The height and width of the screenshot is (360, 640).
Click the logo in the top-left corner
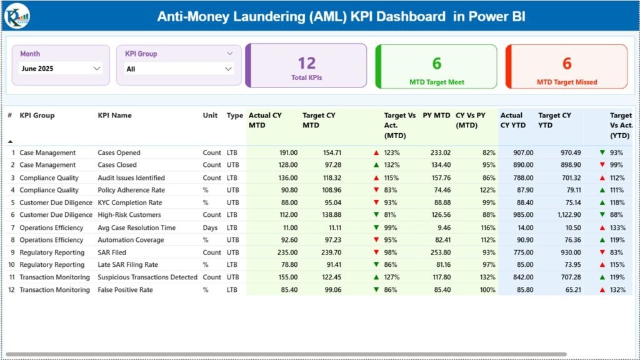16,16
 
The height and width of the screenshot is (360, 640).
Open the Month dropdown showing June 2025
61,69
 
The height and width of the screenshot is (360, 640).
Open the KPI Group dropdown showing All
179,69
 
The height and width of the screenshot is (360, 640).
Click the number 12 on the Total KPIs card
306,63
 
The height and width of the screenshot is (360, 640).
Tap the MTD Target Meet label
436,82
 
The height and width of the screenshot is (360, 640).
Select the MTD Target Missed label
566,82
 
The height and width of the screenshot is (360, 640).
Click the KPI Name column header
114,116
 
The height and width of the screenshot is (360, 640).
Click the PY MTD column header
436,116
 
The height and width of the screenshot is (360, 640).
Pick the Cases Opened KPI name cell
119,152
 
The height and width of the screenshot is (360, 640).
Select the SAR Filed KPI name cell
112,252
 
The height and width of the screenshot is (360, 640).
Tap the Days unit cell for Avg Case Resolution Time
210,227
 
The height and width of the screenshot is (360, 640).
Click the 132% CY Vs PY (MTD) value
486,277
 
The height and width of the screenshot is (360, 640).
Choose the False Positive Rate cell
125,290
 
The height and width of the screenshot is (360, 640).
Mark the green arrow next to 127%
376,277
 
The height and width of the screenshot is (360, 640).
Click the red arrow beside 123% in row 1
376,152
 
